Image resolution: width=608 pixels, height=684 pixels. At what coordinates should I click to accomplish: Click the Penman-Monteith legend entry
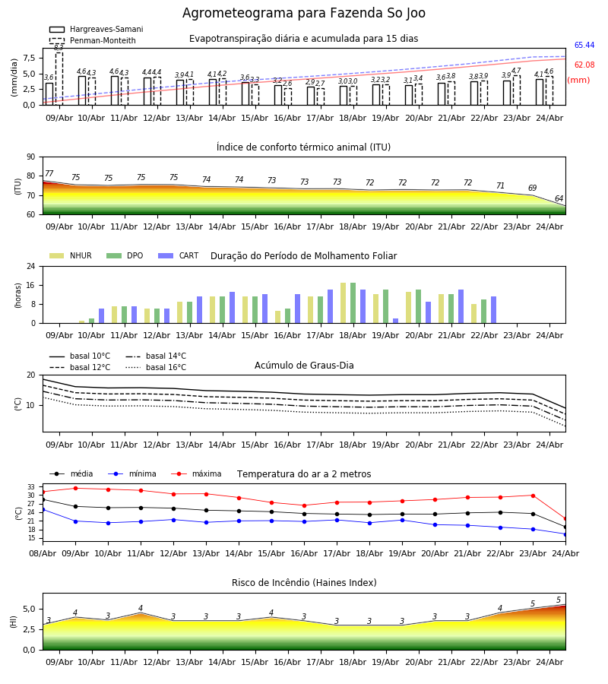[x=93, y=40]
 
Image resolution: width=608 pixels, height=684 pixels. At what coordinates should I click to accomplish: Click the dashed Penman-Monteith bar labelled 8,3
[x=59, y=78]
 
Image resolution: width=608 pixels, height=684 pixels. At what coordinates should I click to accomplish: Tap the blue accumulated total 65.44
[x=584, y=46]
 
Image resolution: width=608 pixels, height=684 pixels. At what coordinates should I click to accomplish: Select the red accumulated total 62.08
[x=584, y=65]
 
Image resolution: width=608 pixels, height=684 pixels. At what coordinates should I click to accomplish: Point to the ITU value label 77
[x=49, y=173]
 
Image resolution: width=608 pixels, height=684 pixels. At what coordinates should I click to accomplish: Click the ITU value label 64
[x=559, y=198]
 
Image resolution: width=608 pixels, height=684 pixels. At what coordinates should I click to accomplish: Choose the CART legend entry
[x=179, y=255]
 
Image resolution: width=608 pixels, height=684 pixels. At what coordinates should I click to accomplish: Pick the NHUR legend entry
[x=71, y=255]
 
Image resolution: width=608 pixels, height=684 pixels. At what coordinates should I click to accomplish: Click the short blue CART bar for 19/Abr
[x=396, y=321]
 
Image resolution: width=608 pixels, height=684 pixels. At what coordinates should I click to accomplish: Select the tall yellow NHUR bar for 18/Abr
[x=344, y=303]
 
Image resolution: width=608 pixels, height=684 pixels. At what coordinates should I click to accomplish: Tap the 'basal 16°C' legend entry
[x=156, y=367]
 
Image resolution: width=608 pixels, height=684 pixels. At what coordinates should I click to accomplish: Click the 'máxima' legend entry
[x=196, y=473]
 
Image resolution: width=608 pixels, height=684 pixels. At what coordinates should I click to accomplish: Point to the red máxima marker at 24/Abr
[x=565, y=518]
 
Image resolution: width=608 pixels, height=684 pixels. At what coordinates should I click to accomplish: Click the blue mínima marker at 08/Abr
[x=43, y=509]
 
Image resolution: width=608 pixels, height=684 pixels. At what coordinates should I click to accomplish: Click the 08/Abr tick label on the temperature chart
[x=43, y=553]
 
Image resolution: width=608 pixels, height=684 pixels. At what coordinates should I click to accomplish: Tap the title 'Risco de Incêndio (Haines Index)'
[x=304, y=583]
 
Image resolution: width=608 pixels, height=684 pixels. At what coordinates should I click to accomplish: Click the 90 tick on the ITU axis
[x=31, y=157]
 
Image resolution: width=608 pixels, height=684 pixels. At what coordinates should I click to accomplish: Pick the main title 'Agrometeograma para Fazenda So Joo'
[x=304, y=13]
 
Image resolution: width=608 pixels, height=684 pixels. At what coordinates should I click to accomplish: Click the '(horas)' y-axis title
[x=18, y=296]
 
